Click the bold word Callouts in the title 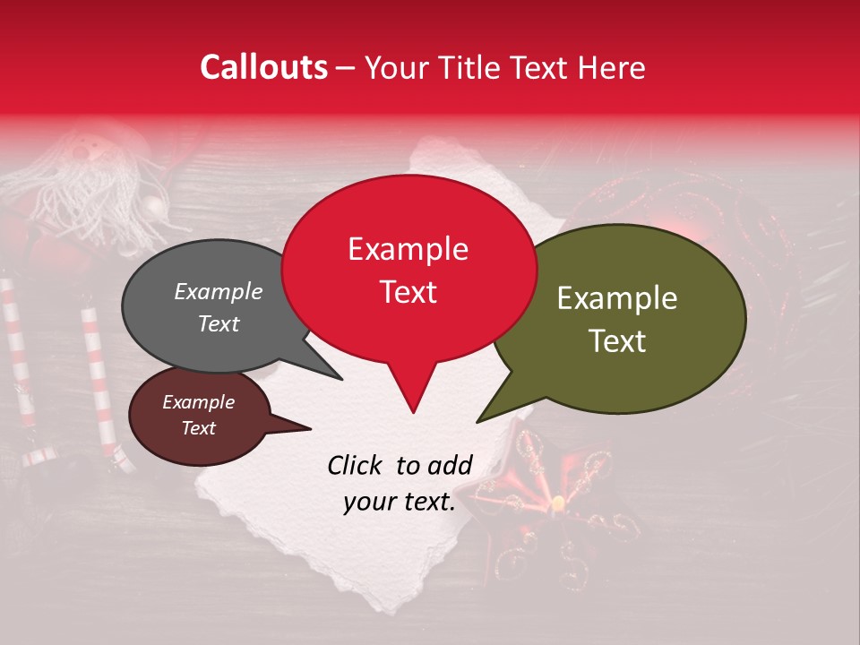pos(263,67)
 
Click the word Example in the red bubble pos(408,249)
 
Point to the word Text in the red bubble pos(408,292)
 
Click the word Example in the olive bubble pos(617,298)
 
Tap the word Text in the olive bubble pos(617,341)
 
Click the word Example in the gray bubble pos(219,292)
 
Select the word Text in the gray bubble pos(219,323)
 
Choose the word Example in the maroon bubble pos(198,402)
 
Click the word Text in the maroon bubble pos(198,428)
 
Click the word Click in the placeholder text pos(357,465)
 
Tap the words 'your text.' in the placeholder pos(399,503)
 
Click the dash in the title pos(347,67)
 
